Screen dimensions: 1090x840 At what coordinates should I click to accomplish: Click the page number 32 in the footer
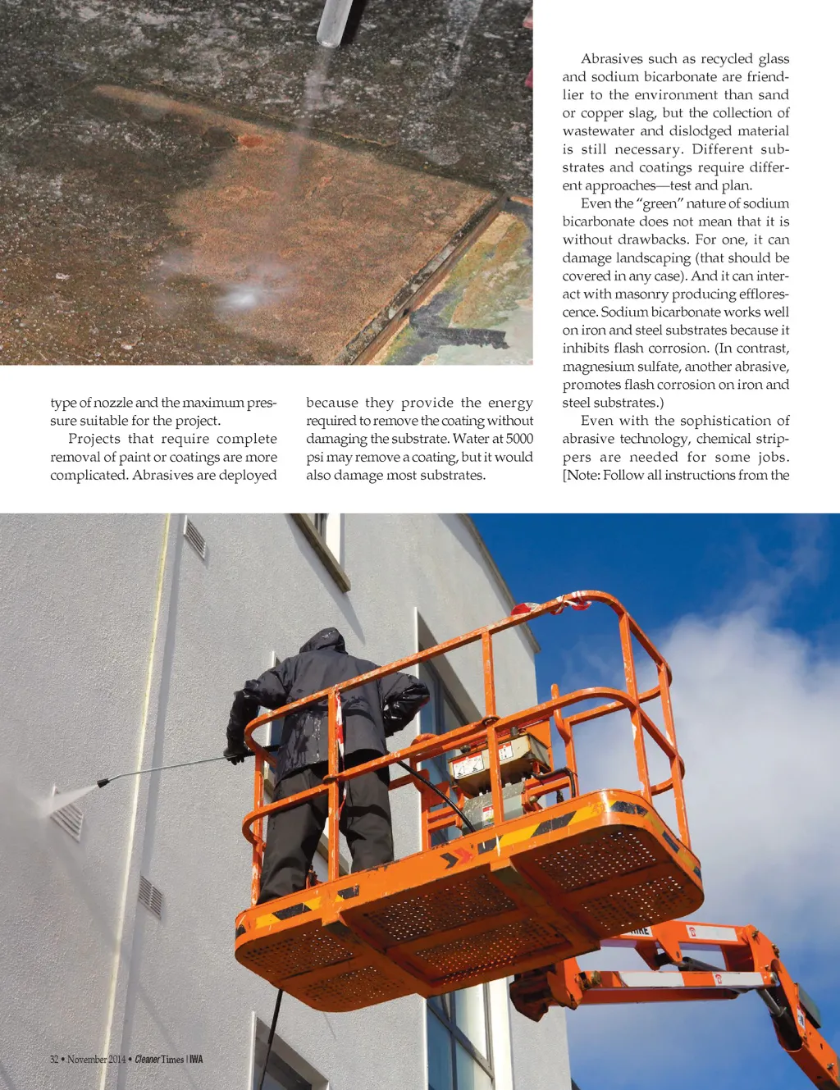54,1060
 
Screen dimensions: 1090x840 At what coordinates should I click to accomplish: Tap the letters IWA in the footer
196,1060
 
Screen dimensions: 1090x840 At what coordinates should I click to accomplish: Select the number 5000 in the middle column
519,439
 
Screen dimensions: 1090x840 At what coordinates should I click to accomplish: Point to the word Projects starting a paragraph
94,439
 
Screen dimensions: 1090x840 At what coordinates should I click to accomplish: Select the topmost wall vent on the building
195,539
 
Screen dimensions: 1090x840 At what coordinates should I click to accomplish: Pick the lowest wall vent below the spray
150,896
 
